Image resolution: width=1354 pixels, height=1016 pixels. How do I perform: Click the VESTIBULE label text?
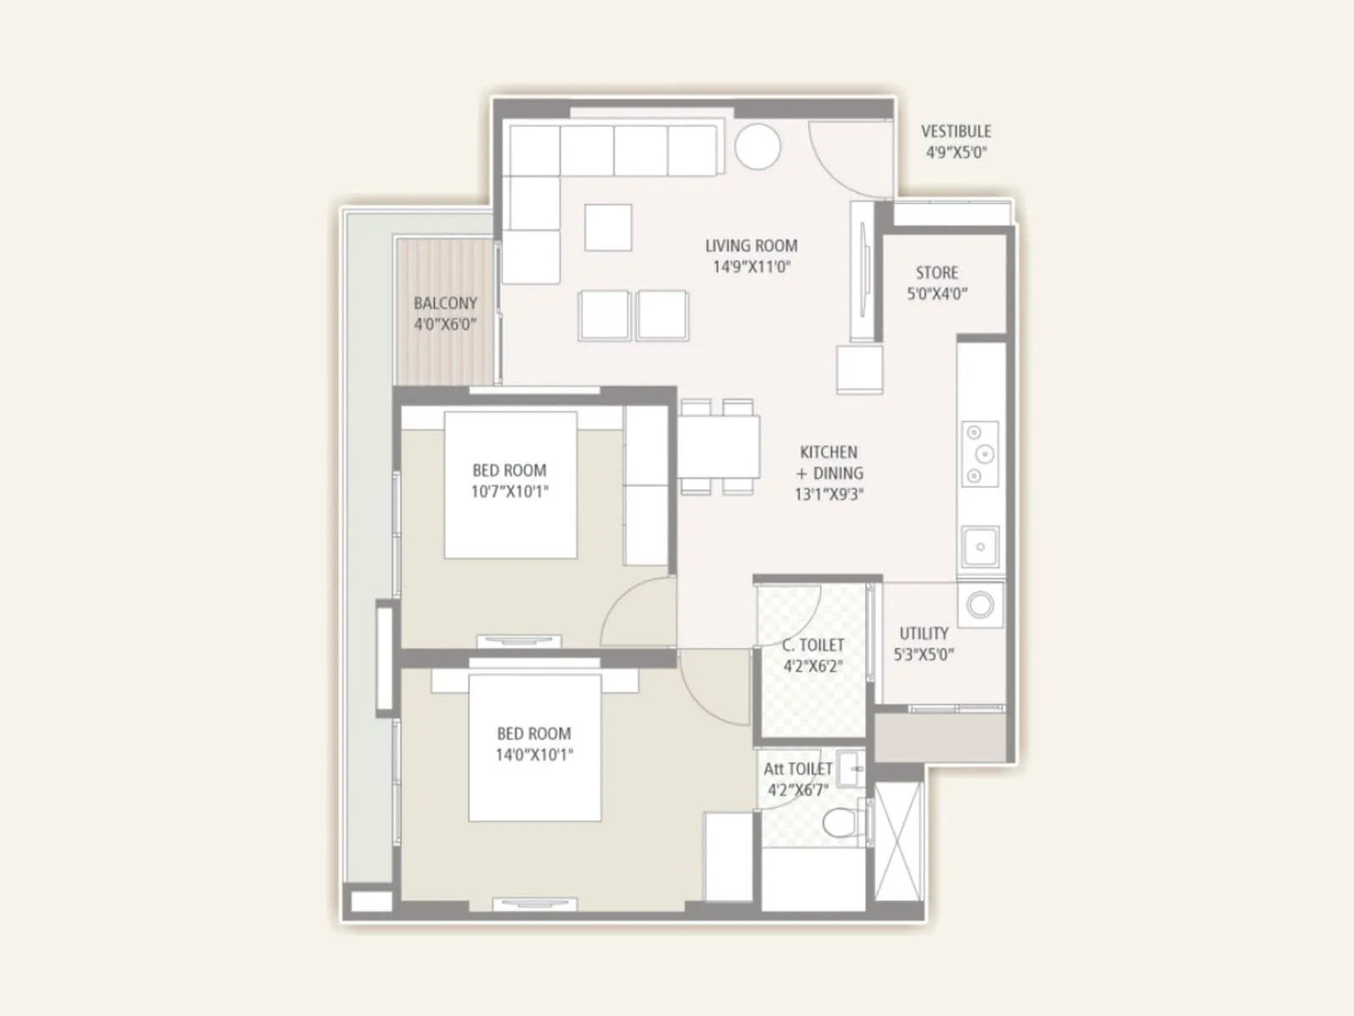[956, 132]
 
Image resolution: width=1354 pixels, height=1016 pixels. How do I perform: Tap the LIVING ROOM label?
[751, 246]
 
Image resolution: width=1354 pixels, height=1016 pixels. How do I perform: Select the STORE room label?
[937, 273]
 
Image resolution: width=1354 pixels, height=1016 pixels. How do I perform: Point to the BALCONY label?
[445, 303]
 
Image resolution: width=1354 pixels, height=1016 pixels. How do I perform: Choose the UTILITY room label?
[923, 633]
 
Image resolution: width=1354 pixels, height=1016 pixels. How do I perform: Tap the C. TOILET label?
[812, 645]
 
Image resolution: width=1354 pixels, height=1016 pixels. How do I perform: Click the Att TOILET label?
[797, 770]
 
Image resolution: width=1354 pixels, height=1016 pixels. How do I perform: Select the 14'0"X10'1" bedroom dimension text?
[534, 754]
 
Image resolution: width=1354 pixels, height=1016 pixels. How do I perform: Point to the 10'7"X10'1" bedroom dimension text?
[509, 491]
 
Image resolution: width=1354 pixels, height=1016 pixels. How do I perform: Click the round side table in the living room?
[757, 147]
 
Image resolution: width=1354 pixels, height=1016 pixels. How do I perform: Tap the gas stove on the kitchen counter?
[980, 455]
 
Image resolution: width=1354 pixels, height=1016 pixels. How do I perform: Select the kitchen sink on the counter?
[980, 547]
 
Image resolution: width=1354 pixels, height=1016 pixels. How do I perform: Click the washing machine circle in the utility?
[981, 605]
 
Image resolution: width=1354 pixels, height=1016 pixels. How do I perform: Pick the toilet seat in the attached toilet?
[841, 821]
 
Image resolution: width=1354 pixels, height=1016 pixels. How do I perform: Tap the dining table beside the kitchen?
[718, 447]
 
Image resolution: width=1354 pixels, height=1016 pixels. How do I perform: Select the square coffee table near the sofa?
[608, 228]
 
